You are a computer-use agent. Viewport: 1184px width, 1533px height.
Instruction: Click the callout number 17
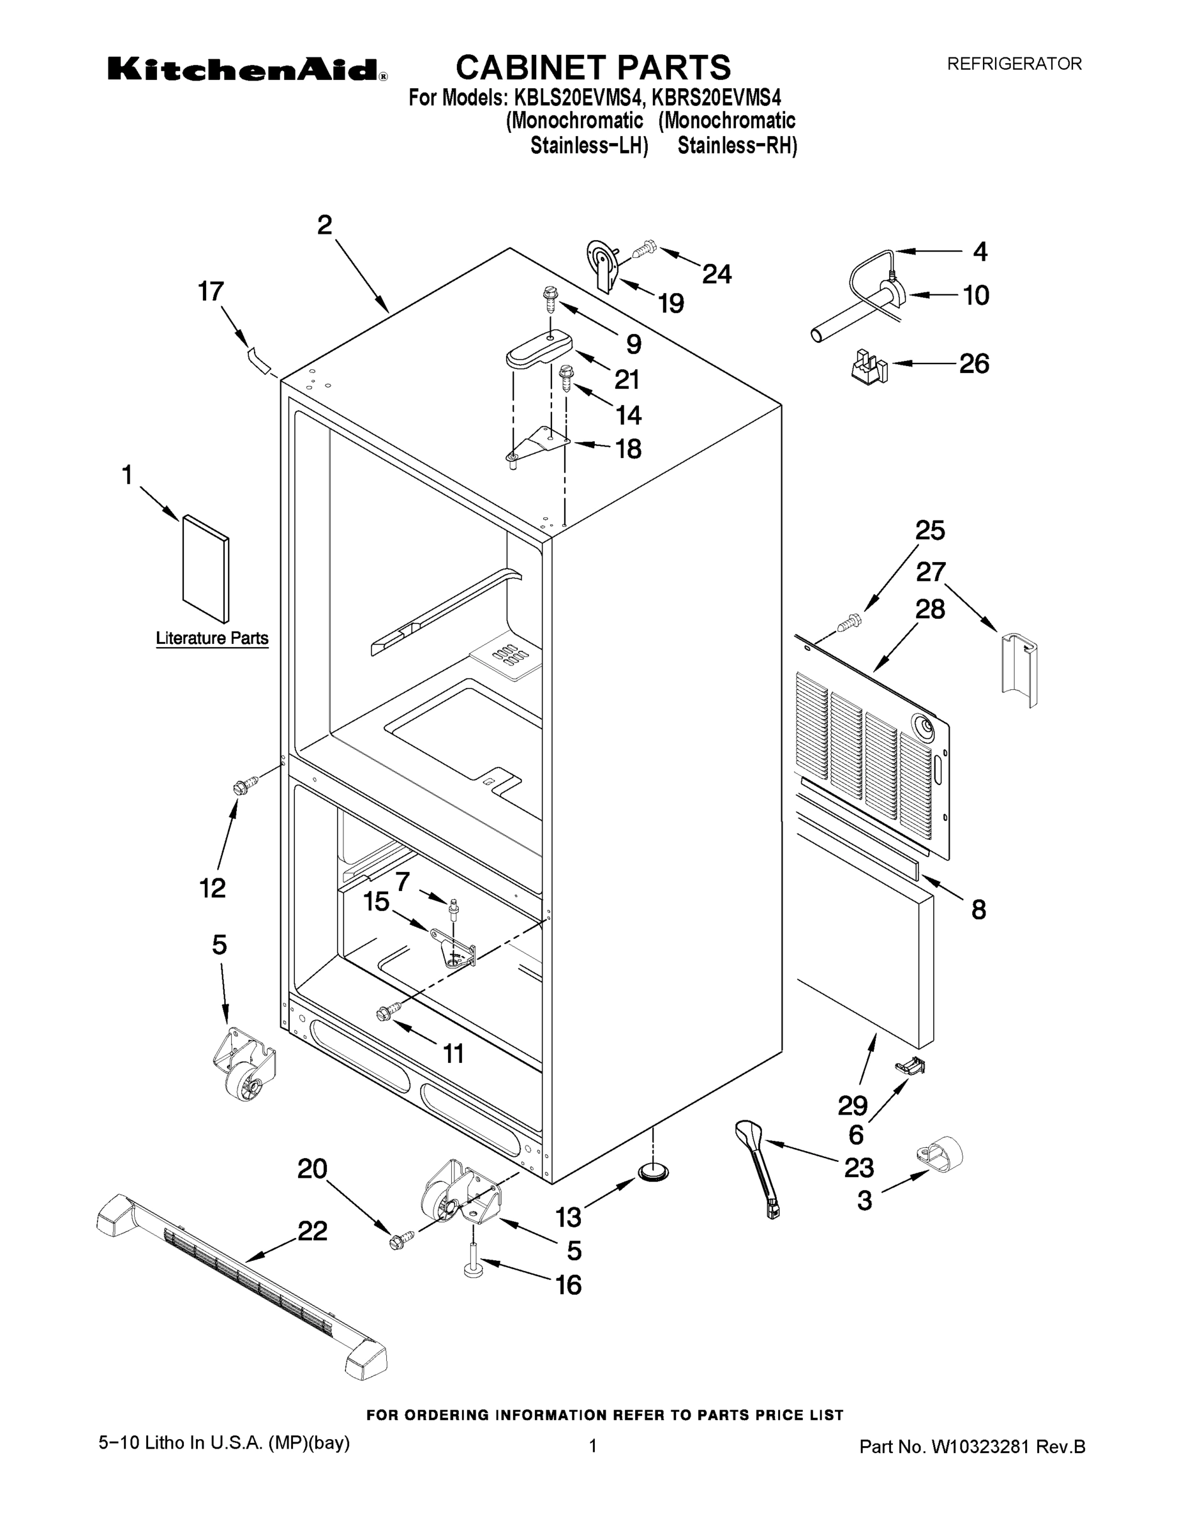211,291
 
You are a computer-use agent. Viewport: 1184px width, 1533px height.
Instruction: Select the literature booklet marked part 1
206,568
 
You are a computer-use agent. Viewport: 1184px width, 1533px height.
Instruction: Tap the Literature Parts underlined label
212,638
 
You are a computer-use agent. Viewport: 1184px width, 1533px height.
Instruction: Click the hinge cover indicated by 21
539,349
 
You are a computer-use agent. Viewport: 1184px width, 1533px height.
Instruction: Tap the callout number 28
930,609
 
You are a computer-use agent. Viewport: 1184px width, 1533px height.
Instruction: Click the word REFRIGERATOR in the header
1014,64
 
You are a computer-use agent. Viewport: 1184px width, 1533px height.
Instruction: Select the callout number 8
978,910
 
